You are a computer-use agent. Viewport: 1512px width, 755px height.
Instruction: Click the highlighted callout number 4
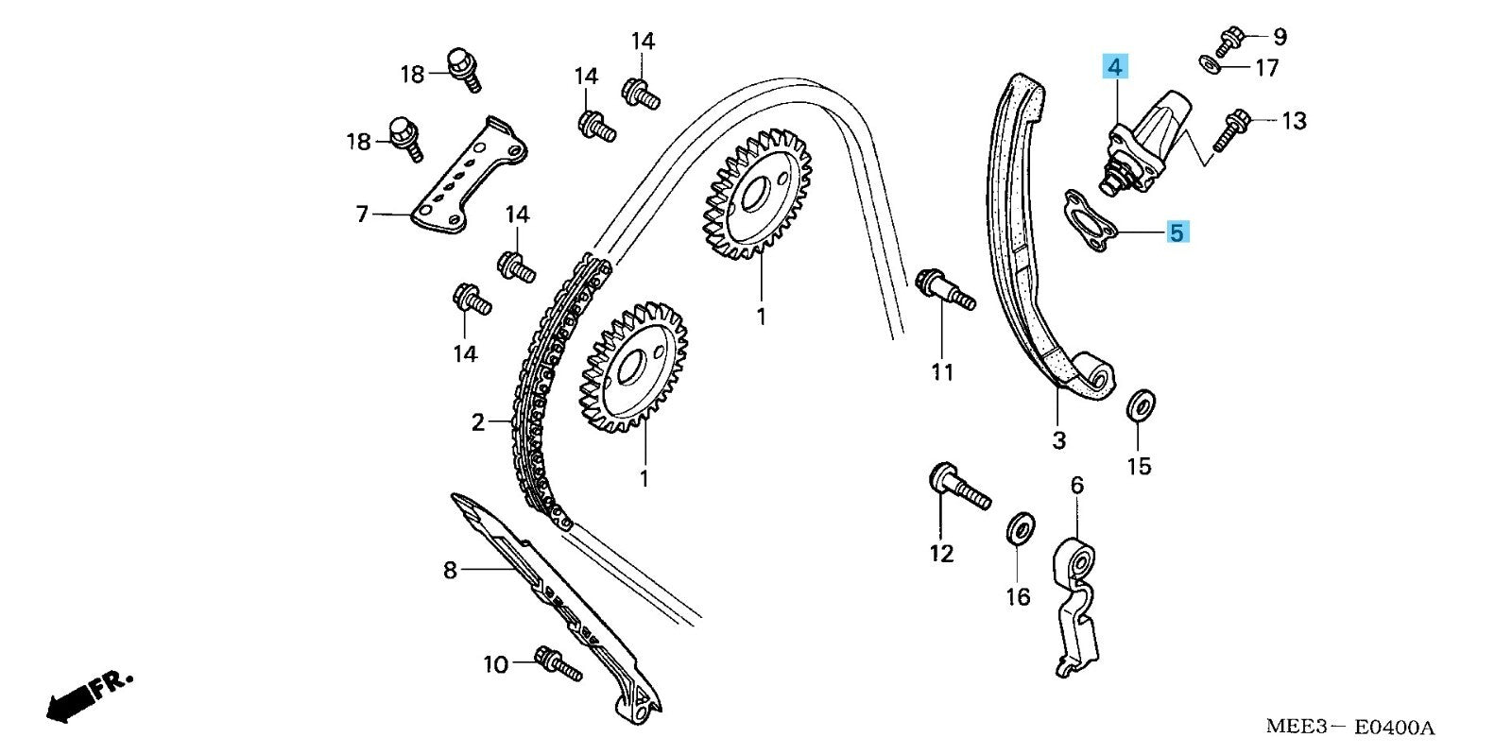point(1115,67)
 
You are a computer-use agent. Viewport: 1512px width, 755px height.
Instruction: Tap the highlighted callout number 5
point(1176,232)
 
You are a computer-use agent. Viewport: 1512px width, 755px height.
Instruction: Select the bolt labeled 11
point(943,288)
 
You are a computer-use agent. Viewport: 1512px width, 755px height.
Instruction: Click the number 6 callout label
point(1077,486)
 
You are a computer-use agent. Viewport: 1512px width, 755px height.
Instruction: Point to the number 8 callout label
point(450,570)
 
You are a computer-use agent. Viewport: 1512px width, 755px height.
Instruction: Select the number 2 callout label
point(478,422)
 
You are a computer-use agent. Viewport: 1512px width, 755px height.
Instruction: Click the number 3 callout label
point(1058,439)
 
